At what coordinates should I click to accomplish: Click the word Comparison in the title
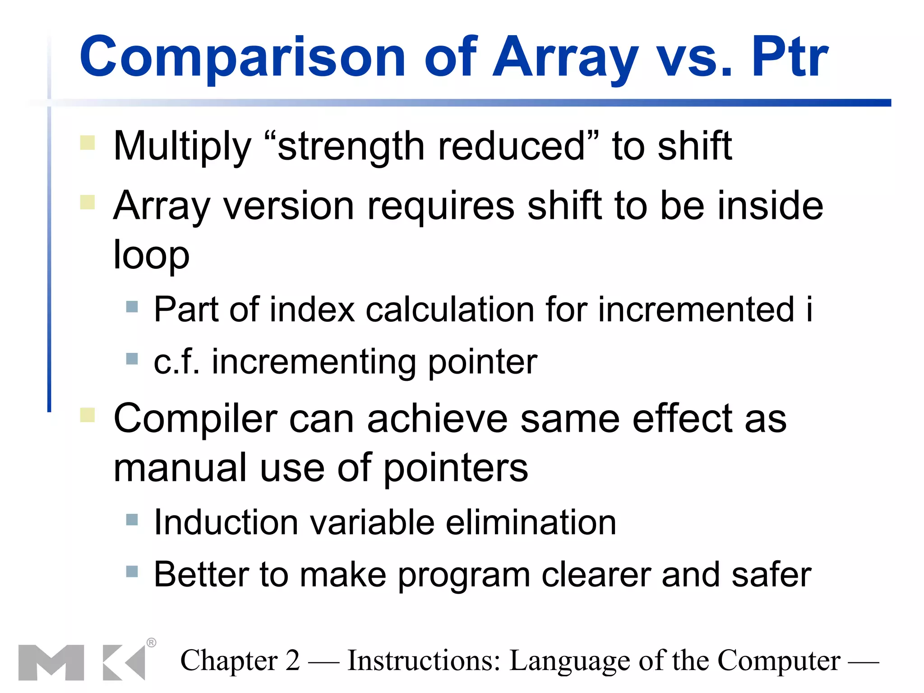[243, 57]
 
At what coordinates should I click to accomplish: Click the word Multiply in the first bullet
[182, 147]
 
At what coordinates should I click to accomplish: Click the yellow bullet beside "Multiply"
[88, 143]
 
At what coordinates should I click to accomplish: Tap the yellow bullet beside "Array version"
[88, 202]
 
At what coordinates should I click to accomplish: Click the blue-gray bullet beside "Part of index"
[132, 307]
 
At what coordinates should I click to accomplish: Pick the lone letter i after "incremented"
[809, 310]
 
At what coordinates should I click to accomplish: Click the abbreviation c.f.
[176, 362]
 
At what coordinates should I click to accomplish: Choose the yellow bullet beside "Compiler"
[88, 415]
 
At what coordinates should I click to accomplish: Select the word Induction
[226, 522]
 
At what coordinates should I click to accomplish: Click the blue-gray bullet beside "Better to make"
[132, 572]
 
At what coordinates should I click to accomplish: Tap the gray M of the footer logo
[51, 662]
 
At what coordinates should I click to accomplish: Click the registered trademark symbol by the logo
[152, 642]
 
